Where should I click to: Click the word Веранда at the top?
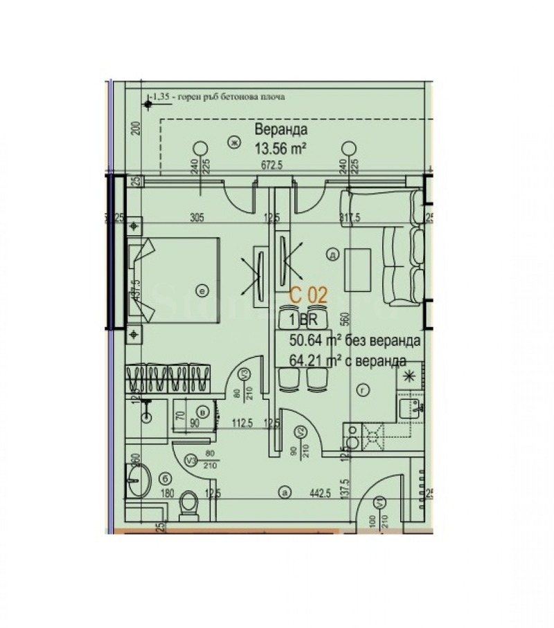click(x=281, y=129)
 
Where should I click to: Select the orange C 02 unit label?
click(x=308, y=294)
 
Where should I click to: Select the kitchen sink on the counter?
click(x=414, y=407)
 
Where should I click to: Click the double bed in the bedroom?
click(x=177, y=281)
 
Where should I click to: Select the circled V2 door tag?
click(x=301, y=433)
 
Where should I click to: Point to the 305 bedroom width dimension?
click(x=197, y=218)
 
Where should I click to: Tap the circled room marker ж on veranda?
click(x=234, y=142)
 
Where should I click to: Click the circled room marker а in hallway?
click(x=283, y=493)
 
